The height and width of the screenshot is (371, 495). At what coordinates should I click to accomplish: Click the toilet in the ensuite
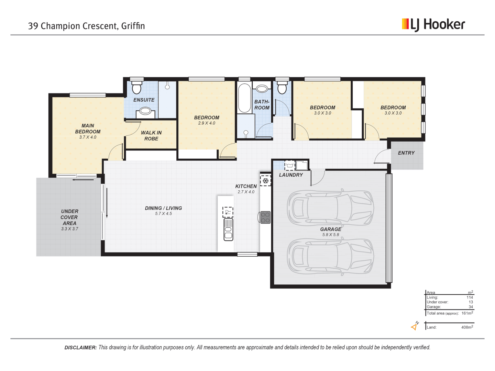click(x=136, y=87)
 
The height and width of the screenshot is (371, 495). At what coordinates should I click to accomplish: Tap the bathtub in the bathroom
click(x=244, y=98)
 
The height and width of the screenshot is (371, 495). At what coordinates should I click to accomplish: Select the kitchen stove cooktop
click(x=265, y=217)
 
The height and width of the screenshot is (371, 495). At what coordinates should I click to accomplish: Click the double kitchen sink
click(x=228, y=229)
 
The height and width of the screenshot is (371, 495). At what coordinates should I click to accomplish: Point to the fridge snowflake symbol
click(x=265, y=180)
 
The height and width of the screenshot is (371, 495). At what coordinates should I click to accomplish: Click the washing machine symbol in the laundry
click(x=290, y=166)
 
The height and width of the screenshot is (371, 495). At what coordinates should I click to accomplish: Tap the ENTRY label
click(x=406, y=153)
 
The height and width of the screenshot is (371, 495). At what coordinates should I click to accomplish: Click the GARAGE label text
click(x=331, y=229)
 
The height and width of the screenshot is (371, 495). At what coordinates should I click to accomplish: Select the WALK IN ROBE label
click(x=151, y=136)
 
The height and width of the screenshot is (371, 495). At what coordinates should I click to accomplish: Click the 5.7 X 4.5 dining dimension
click(x=163, y=214)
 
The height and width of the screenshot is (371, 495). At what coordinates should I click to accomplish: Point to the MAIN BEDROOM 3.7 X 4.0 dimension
click(x=88, y=137)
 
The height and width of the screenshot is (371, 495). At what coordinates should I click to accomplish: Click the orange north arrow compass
click(x=415, y=326)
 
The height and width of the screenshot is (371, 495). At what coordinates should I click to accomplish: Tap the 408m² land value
click(x=467, y=327)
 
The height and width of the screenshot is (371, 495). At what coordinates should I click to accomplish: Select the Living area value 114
click(x=470, y=297)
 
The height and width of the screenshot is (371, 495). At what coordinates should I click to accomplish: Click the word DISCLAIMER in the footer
click(x=80, y=348)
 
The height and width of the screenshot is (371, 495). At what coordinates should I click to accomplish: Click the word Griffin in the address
click(x=133, y=26)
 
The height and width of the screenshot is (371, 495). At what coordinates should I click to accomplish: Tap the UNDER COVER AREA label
click(x=69, y=217)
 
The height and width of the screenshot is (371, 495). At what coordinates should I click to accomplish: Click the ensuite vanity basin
click(x=145, y=111)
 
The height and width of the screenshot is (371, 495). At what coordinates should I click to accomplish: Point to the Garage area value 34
click(x=471, y=307)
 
